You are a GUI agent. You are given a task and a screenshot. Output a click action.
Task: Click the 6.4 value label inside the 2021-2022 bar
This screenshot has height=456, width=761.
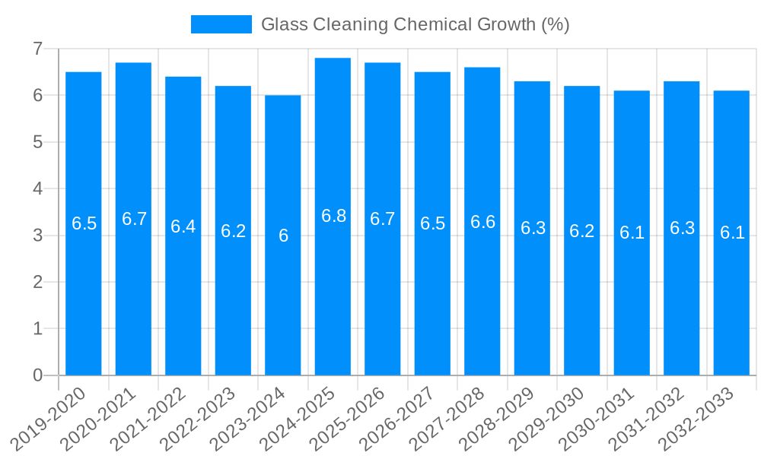click(x=183, y=226)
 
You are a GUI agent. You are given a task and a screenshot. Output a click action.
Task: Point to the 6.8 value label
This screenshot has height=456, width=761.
click(x=333, y=216)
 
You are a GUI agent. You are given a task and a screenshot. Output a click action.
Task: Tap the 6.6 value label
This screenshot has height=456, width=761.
click(x=482, y=222)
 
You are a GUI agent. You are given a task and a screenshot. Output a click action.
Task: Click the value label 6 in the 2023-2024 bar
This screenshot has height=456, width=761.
click(x=283, y=236)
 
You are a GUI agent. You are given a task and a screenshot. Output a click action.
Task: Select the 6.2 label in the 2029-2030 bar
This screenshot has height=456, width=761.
click(x=582, y=231)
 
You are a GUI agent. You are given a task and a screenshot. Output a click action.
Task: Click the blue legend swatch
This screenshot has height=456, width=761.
click(x=221, y=24)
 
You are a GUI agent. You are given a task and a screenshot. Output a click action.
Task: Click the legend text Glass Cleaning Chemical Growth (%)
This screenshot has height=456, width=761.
click(x=415, y=24)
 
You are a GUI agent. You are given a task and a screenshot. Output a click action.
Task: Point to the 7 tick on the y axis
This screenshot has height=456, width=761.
click(x=37, y=49)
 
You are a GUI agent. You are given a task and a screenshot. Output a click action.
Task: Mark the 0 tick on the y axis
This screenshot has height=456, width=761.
click(x=37, y=375)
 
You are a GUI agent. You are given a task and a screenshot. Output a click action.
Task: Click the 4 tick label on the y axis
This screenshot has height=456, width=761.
click(x=37, y=188)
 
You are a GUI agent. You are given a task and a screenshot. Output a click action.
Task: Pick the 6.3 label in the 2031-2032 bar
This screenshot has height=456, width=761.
click(x=682, y=228)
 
